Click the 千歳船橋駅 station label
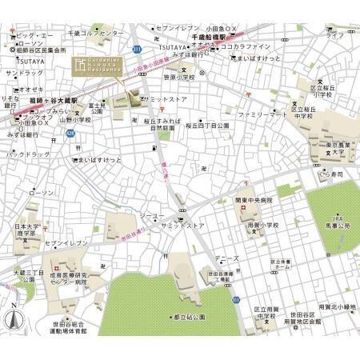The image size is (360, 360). pos(210,37)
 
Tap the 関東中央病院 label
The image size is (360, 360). pos(254,200)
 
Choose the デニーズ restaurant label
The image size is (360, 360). pos(226,258)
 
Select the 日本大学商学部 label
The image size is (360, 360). pos(26,231)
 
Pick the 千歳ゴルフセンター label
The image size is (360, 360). pos(95,33)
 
